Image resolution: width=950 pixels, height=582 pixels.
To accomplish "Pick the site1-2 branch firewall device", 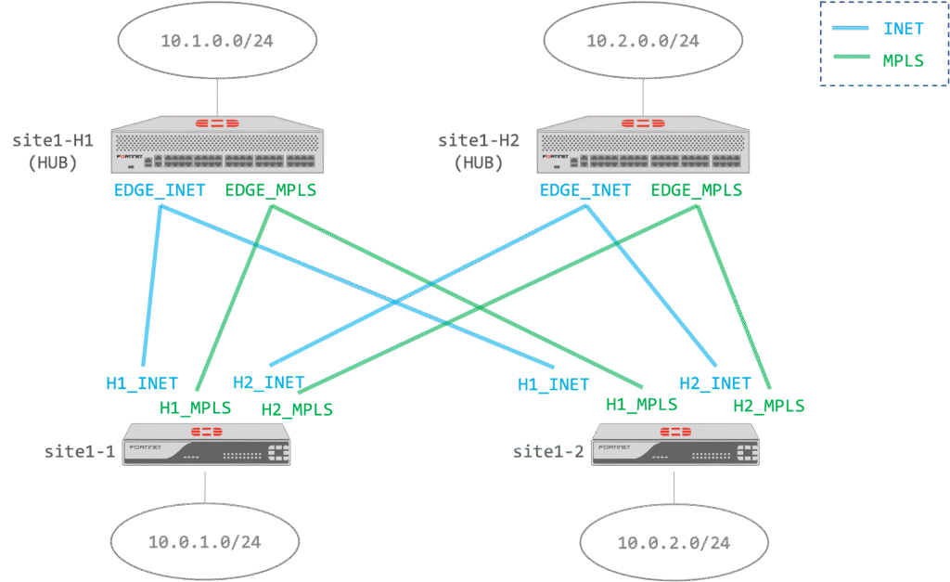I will tap(676, 445).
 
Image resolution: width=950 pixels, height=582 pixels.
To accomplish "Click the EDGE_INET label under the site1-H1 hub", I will tap(160, 191).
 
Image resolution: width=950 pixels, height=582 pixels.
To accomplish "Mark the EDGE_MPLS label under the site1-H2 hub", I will tap(697, 191).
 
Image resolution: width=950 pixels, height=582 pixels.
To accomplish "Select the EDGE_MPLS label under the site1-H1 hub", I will tap(271, 191).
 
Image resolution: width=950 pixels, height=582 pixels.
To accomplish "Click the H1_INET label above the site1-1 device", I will tap(142, 382).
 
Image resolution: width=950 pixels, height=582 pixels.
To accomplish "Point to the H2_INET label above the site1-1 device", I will tap(268, 382).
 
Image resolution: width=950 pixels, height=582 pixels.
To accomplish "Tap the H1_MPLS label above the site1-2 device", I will tap(641, 404).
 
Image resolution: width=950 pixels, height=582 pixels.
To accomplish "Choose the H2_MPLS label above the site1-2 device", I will tap(769, 406).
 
